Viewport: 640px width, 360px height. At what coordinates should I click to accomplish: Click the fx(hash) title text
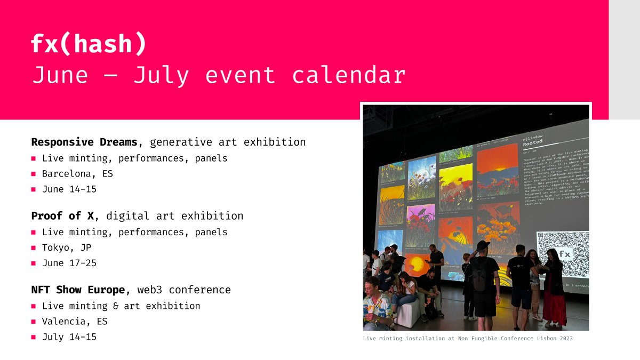click(89, 44)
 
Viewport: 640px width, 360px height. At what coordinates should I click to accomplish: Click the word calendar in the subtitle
click(349, 76)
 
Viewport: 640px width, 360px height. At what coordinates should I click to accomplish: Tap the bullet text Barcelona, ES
click(77, 174)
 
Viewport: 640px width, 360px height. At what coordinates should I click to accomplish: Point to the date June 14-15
click(69, 189)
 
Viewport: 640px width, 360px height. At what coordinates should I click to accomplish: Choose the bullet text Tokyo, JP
click(67, 247)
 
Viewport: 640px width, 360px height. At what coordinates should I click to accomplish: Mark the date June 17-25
click(69, 263)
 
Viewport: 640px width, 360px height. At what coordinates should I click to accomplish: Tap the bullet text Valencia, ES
click(75, 321)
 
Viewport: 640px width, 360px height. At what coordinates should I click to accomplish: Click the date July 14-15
click(69, 337)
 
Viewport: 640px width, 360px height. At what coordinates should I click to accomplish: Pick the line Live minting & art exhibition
click(121, 306)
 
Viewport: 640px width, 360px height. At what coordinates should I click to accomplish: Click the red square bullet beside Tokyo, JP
click(34, 248)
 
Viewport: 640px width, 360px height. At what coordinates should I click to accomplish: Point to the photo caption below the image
click(468, 339)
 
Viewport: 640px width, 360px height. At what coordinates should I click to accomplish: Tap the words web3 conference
click(184, 290)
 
